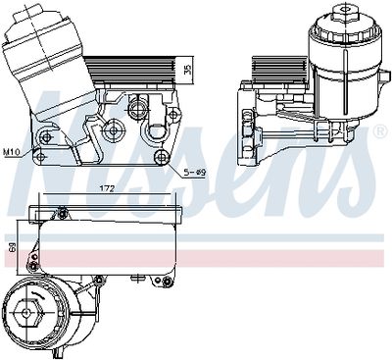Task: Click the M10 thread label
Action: (x=13, y=152)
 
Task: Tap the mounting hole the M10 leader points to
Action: (x=41, y=154)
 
